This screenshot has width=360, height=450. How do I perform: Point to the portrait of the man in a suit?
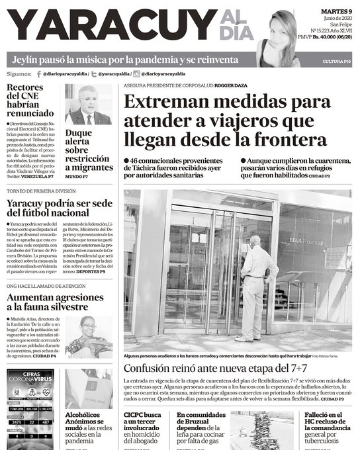(x=88, y=106)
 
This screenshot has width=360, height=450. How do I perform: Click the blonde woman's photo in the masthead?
(x=279, y=38)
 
